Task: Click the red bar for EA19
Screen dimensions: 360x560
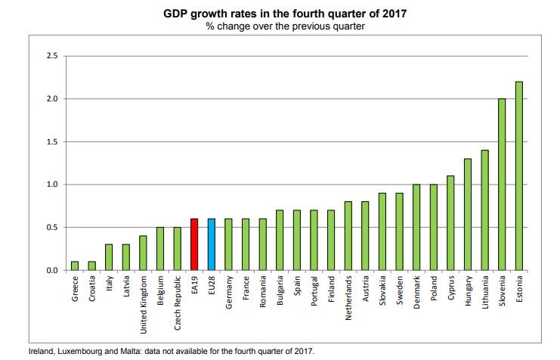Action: tap(194, 244)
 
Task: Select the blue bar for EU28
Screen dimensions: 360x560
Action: tap(211, 244)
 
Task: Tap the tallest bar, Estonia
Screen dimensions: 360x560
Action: tap(519, 175)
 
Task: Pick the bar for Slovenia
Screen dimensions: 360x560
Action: tap(502, 185)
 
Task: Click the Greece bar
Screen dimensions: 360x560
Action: tap(74, 265)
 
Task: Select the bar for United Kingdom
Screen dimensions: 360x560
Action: tap(143, 253)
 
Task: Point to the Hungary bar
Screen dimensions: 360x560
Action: tap(468, 214)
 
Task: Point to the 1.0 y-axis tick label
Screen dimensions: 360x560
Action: tap(51, 185)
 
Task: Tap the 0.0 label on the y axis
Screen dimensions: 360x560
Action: tap(51, 270)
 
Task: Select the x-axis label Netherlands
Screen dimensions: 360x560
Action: tap(348, 298)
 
